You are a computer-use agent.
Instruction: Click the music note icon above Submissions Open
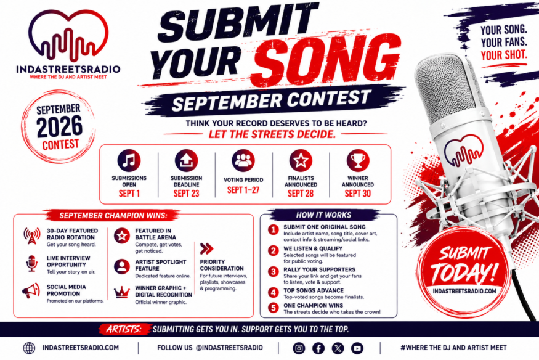point(129,160)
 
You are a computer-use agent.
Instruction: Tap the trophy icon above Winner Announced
point(357,160)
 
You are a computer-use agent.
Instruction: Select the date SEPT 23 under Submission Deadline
point(186,194)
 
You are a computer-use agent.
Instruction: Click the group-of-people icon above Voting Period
point(243,160)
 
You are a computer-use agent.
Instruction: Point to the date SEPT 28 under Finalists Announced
point(301,194)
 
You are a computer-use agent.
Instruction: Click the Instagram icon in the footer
point(299,348)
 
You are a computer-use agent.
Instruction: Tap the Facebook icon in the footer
point(318,348)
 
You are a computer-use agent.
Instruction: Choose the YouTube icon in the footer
point(357,348)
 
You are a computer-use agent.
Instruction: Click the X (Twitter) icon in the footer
point(338,348)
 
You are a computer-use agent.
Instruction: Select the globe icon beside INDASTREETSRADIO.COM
point(29,348)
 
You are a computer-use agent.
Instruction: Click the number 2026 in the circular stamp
point(60,126)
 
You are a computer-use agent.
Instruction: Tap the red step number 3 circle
point(274,272)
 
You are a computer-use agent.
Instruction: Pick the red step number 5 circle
point(274,308)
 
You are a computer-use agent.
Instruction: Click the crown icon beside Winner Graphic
point(122,292)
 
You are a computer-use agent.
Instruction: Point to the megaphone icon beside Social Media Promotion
point(31,291)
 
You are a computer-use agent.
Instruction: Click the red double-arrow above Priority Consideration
point(206,248)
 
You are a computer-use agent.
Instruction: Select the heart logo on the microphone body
point(463,150)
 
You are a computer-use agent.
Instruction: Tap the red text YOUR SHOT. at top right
point(504,55)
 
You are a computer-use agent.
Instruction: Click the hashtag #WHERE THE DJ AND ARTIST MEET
point(453,348)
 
